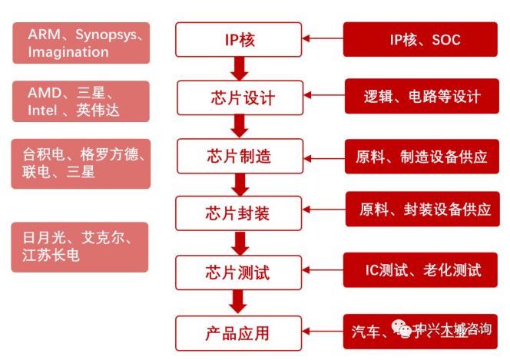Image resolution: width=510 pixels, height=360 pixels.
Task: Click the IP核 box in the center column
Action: point(239,39)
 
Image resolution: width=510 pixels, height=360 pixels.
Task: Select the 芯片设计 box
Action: point(239,97)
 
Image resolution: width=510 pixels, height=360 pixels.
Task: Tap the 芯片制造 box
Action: point(239,156)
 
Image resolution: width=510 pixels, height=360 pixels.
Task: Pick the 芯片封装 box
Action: point(239,213)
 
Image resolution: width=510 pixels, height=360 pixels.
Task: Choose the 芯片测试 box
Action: point(239,272)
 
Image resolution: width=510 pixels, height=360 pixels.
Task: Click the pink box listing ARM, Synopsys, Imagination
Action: point(81,43)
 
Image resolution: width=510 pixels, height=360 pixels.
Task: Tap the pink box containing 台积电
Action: point(81,163)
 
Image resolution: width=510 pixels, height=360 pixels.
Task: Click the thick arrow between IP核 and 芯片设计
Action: point(239,69)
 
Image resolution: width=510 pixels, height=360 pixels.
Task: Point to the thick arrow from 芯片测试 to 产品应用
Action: point(239,303)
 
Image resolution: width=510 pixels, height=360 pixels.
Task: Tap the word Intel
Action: point(47,111)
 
